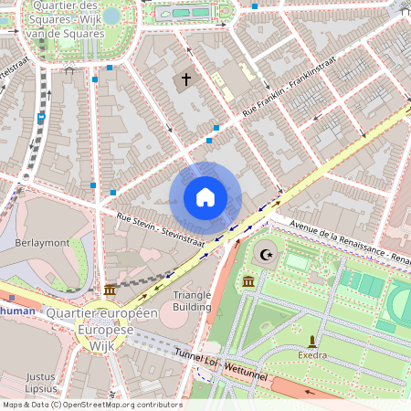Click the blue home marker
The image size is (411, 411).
click(205, 197)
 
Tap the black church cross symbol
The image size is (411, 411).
click(186, 80)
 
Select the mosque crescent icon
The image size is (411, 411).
click(267, 255)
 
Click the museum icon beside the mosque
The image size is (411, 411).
click(249, 280)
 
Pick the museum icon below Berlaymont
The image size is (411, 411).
click(110, 290)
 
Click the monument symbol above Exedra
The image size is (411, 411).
click(311, 340)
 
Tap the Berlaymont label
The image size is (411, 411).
click(43, 243)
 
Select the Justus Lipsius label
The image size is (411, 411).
click(41, 383)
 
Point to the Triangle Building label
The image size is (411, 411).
click(192, 300)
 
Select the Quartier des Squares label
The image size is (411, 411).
click(65, 18)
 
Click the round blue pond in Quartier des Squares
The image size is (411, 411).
click(111, 15)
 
